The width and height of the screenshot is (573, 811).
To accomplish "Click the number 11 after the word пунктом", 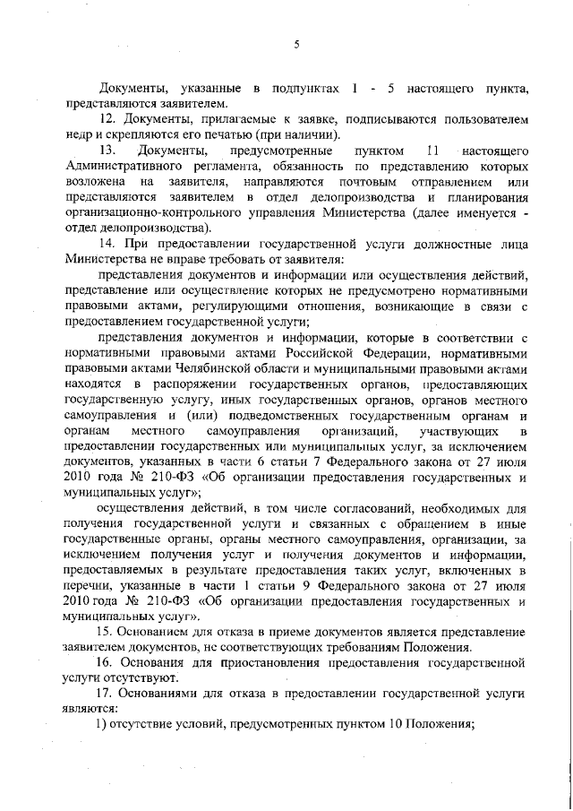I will [433, 150].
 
